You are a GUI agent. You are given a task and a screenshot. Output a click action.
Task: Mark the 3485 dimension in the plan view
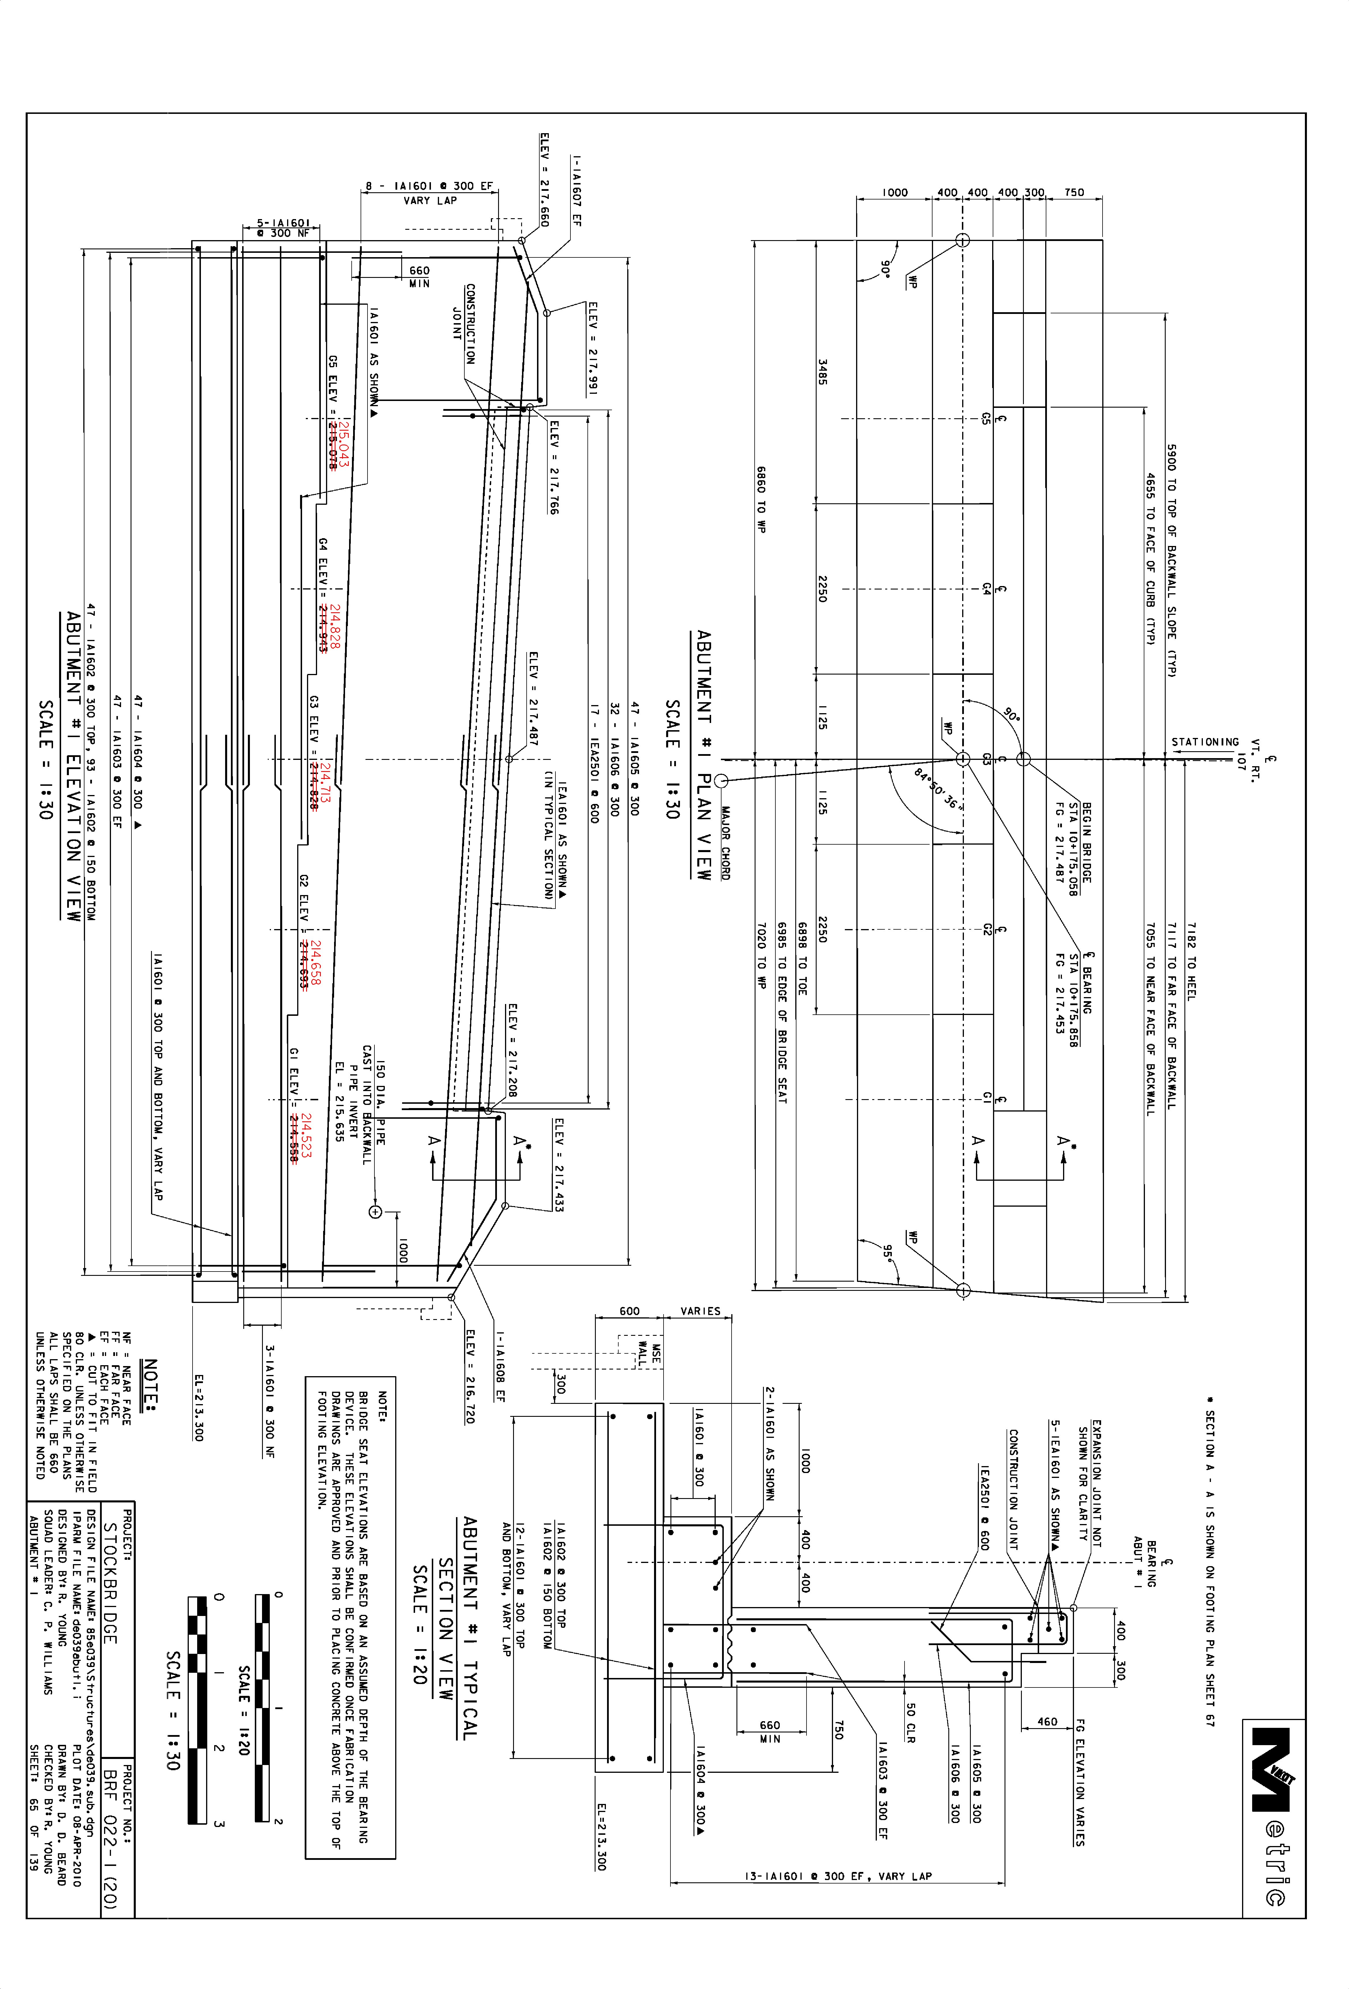point(822,371)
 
